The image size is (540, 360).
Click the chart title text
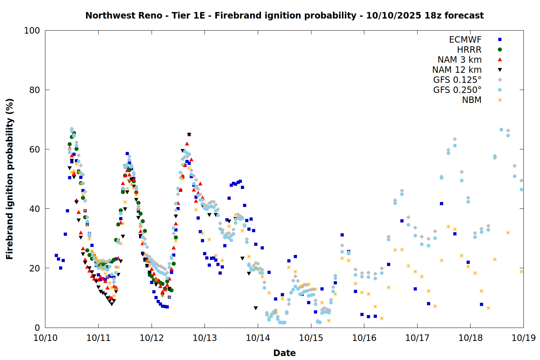[x=284, y=15]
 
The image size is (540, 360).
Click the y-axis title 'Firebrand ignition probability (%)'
[x=9, y=179]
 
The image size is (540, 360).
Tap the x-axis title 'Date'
[x=284, y=353]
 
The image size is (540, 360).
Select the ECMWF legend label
[x=465, y=40]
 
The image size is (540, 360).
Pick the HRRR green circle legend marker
[x=500, y=50]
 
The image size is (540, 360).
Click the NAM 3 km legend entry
[x=459, y=60]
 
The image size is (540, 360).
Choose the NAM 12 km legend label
[x=457, y=70]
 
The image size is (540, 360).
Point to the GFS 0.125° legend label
[x=457, y=80]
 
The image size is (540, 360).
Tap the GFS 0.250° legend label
[x=457, y=90]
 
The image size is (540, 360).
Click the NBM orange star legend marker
[x=500, y=100]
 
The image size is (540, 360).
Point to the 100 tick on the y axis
[x=32, y=31]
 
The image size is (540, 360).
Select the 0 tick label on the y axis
[x=37, y=328]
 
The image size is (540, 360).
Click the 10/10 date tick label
[x=45, y=338]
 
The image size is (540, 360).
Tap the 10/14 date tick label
[x=258, y=338]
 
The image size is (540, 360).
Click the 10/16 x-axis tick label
[x=364, y=338]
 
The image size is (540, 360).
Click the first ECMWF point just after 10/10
[x=56, y=256]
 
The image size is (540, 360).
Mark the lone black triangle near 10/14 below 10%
[x=256, y=308]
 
